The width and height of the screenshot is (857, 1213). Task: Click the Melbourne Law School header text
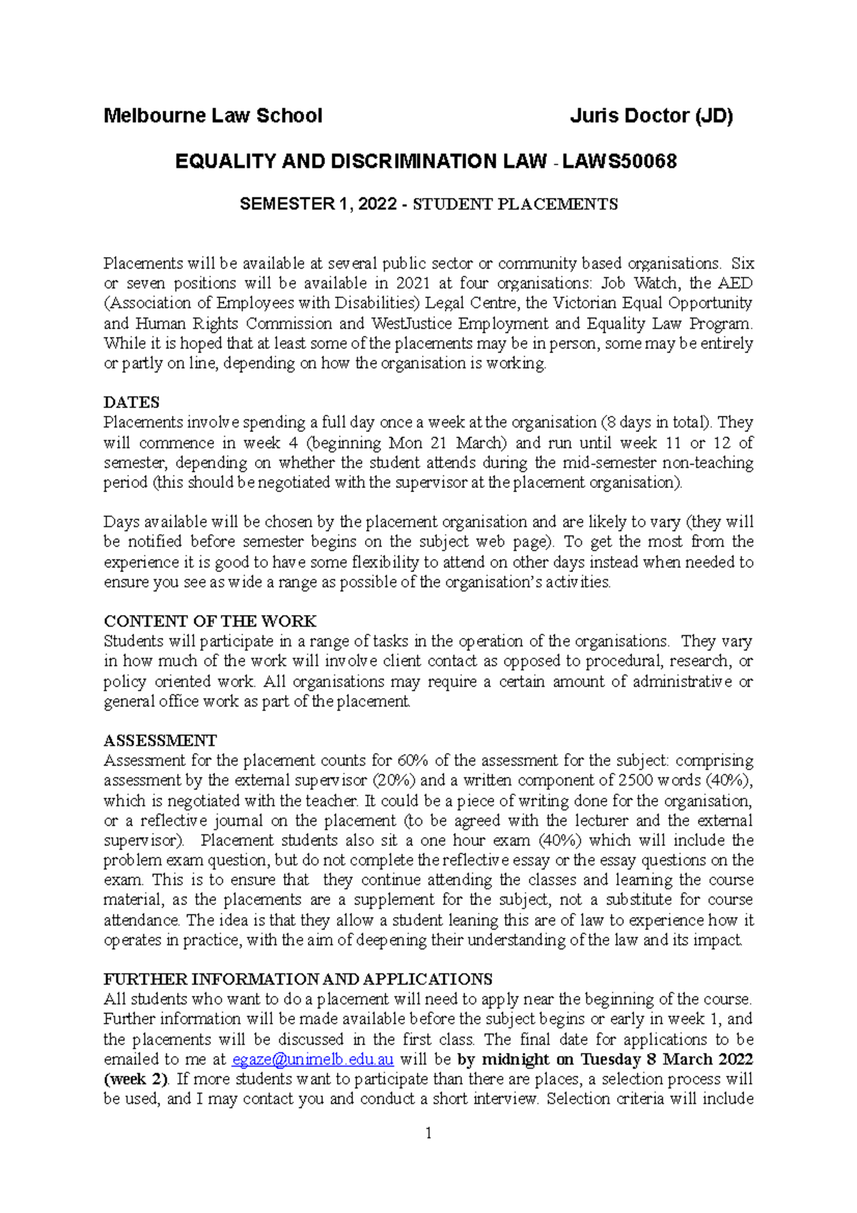(x=213, y=116)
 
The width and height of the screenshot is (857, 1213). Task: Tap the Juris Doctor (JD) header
(x=651, y=116)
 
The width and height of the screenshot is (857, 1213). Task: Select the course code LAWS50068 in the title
(x=619, y=161)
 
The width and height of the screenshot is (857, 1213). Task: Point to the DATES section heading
(x=131, y=402)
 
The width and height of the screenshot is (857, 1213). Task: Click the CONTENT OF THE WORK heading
(x=210, y=621)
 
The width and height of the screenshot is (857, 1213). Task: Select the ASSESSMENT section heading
(x=160, y=740)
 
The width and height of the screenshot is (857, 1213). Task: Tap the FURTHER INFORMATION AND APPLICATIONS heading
(x=298, y=979)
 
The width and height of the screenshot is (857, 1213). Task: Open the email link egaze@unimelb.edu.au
(x=314, y=1059)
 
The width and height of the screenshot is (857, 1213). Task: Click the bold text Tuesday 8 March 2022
(x=667, y=1059)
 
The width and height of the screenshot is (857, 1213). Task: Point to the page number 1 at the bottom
(x=428, y=1133)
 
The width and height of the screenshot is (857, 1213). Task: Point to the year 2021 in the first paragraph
(x=413, y=284)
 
